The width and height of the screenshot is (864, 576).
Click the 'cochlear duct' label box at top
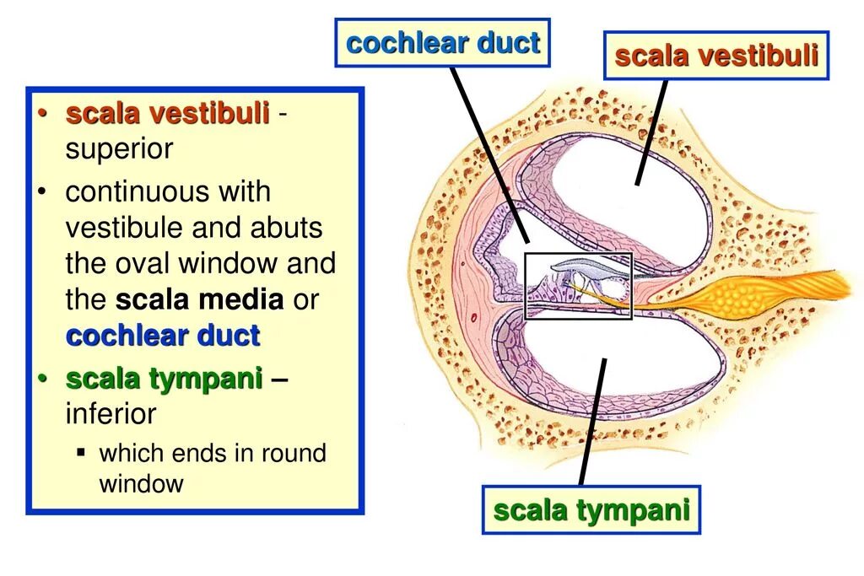click(x=442, y=43)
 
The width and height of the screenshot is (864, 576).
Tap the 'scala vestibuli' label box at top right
click(x=716, y=56)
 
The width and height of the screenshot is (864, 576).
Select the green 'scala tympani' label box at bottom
click(x=591, y=510)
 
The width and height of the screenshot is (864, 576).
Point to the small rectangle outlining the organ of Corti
click(x=579, y=286)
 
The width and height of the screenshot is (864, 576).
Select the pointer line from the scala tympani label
click(x=592, y=422)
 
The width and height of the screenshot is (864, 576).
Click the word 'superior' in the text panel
click(x=119, y=149)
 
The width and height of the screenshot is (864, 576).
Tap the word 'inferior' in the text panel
click(x=111, y=414)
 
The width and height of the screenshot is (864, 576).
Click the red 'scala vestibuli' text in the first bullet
click(x=168, y=114)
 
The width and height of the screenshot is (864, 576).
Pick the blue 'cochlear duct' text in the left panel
click(x=163, y=336)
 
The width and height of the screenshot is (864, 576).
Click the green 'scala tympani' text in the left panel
click(x=165, y=380)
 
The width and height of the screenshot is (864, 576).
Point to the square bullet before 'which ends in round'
click(x=81, y=452)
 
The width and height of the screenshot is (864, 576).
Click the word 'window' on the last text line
click(x=141, y=483)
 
